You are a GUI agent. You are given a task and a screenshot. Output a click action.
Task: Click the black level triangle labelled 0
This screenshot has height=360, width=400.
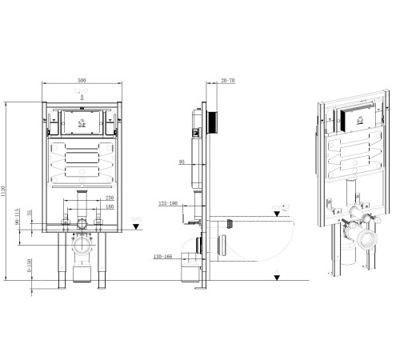pos(276,277)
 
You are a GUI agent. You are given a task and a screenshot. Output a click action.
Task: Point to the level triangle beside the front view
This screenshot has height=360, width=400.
pos(136,226)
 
